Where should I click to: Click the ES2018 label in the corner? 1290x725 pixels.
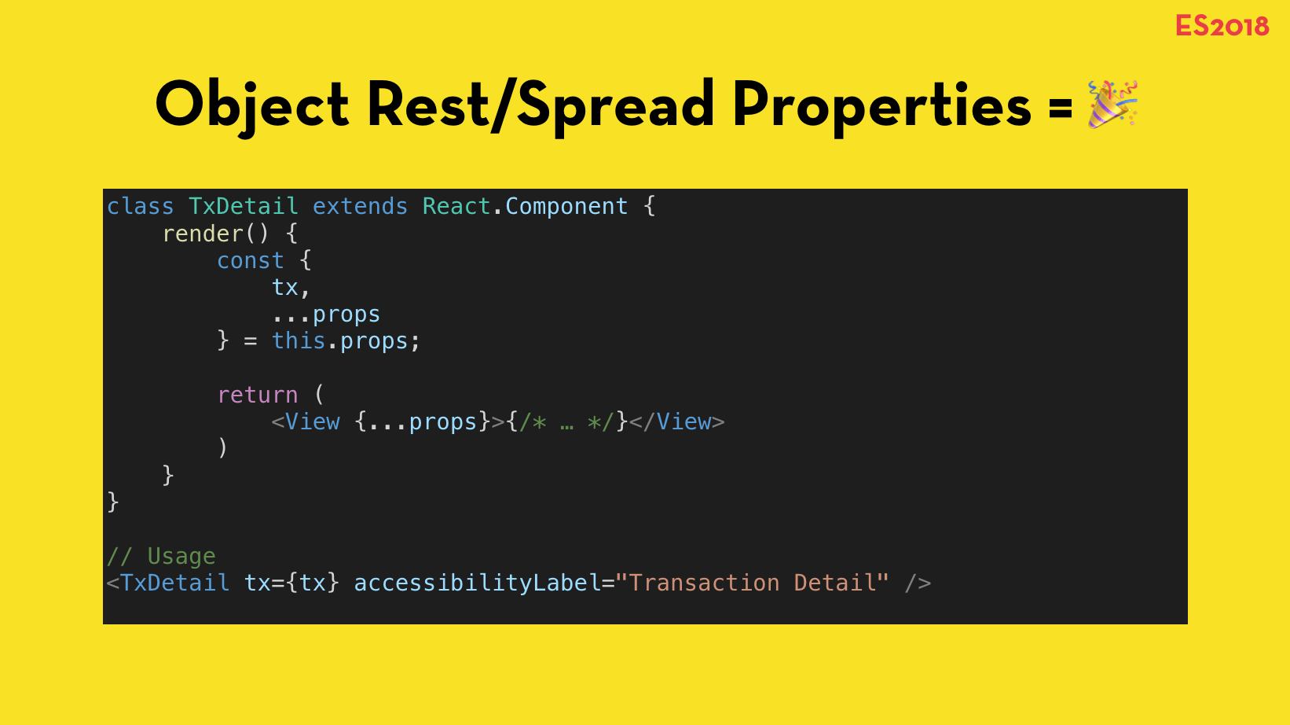(1222, 26)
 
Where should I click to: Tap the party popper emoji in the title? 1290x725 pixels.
(1112, 104)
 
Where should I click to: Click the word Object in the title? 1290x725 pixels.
(251, 105)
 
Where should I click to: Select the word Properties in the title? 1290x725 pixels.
(881, 105)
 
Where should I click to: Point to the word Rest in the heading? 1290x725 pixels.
(427, 105)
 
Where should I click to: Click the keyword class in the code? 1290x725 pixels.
(140, 206)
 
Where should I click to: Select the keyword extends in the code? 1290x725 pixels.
(360, 206)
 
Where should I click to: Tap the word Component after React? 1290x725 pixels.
(566, 206)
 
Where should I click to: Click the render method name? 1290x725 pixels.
(203, 234)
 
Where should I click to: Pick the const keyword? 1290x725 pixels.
(250, 260)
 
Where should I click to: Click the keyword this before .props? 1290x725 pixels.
(298, 340)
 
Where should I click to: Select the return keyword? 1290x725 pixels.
(257, 395)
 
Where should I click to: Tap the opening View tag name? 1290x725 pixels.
(312, 421)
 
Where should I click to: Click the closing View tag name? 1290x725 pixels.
(683, 421)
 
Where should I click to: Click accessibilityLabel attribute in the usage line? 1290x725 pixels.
(477, 583)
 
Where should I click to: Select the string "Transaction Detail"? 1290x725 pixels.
(752, 583)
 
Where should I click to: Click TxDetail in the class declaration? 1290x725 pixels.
(243, 206)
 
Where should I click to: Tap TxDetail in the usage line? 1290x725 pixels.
(174, 583)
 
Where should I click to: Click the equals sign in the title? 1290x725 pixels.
(1060, 107)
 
